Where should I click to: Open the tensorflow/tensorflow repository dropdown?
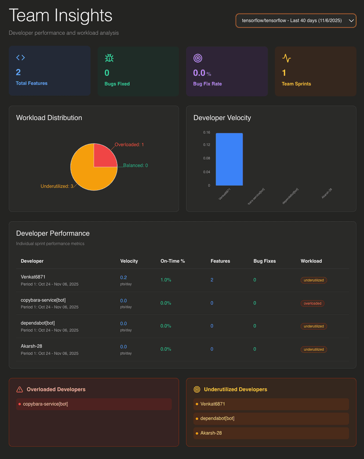[x=295, y=21]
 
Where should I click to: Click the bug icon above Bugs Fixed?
[x=109, y=58]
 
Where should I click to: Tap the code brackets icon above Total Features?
[x=21, y=58]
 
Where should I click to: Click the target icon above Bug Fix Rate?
[x=198, y=58]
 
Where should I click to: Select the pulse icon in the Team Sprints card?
[x=287, y=58]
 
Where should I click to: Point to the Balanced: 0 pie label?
[x=135, y=165]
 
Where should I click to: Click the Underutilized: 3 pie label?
[x=57, y=187]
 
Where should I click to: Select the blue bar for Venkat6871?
[x=229, y=159]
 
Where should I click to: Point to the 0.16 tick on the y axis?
[x=207, y=132]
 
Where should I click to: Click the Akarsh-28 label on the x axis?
[x=326, y=194]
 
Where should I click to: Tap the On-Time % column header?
[x=173, y=261]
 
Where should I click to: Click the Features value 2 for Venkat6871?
[x=212, y=280]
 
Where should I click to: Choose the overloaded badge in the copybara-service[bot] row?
[x=313, y=303]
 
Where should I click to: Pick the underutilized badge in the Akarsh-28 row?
[x=314, y=349]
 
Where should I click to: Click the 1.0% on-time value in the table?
[x=166, y=280]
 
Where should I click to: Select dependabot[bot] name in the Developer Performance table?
[x=38, y=323]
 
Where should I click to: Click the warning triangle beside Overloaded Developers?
[x=19, y=389]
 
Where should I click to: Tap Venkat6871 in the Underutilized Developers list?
[x=213, y=404]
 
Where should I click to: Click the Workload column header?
[x=311, y=261]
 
